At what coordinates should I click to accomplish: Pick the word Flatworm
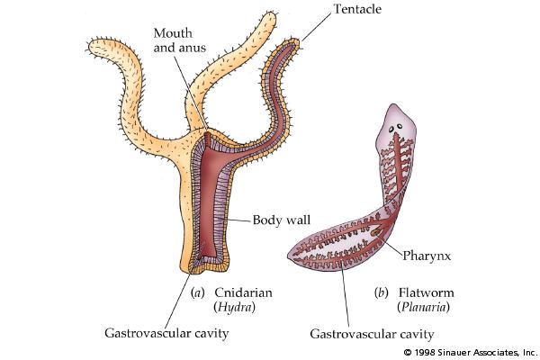click(x=423, y=292)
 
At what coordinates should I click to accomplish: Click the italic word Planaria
click(x=423, y=307)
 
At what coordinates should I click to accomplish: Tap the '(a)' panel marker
click(x=200, y=292)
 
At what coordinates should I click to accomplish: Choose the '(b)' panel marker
click(x=381, y=292)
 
